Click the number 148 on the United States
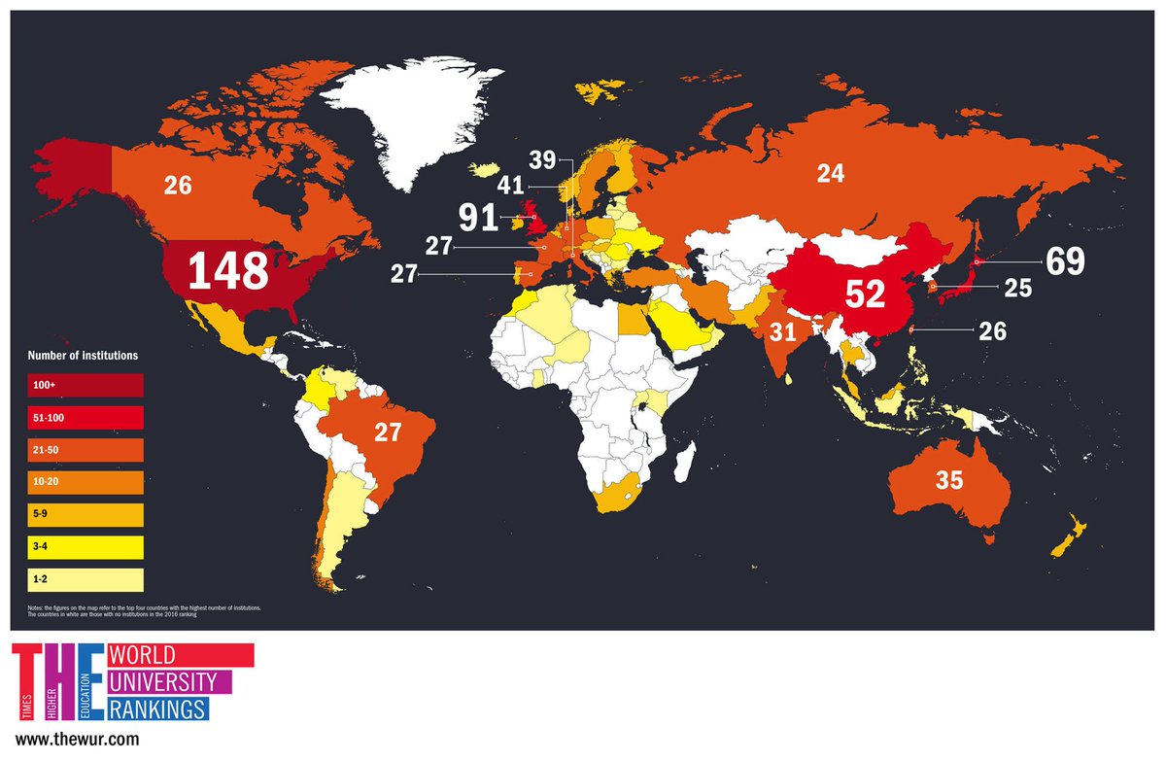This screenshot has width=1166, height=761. pyautogui.click(x=227, y=271)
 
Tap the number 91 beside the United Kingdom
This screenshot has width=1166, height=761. pyautogui.click(x=478, y=217)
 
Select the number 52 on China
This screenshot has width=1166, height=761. pyautogui.click(x=865, y=294)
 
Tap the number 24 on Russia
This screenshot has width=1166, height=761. pyautogui.click(x=831, y=174)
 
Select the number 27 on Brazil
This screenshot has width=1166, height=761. pyautogui.click(x=388, y=432)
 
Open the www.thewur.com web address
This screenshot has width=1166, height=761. pyautogui.click(x=78, y=740)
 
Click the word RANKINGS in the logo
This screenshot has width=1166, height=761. pyautogui.click(x=158, y=707)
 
